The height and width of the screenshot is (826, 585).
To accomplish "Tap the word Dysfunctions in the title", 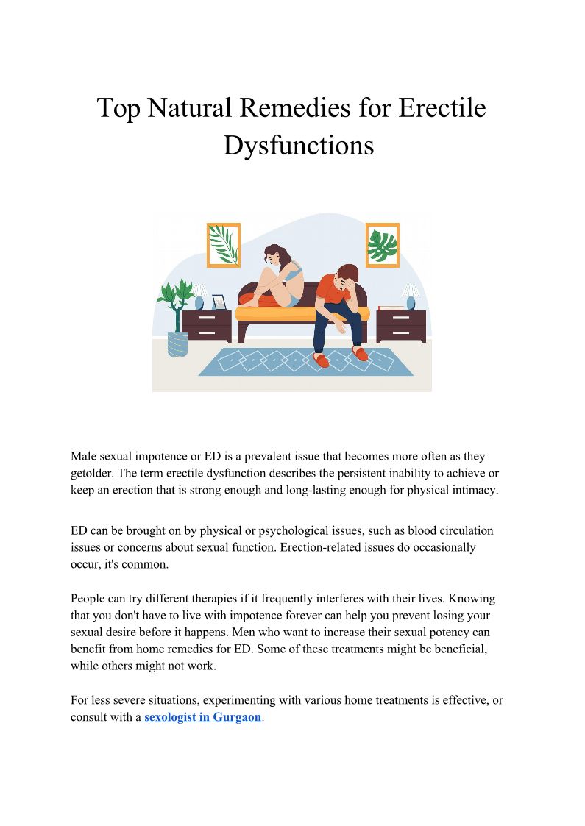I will point(298,145).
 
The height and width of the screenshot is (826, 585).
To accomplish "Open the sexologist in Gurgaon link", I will point(202,716).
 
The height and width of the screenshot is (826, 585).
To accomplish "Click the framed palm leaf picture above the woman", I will point(224,244).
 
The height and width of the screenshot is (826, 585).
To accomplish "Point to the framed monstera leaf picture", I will point(382,245).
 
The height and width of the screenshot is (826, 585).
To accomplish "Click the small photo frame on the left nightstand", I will point(219,302).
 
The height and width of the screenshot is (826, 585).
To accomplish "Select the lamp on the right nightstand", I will point(411,296).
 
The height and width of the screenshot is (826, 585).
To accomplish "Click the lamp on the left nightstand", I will point(199,296).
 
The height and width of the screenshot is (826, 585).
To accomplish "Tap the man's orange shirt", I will point(336,291).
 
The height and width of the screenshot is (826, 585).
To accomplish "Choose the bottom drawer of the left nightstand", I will point(207,333).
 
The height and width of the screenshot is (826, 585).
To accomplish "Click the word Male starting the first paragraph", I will point(85,457).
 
